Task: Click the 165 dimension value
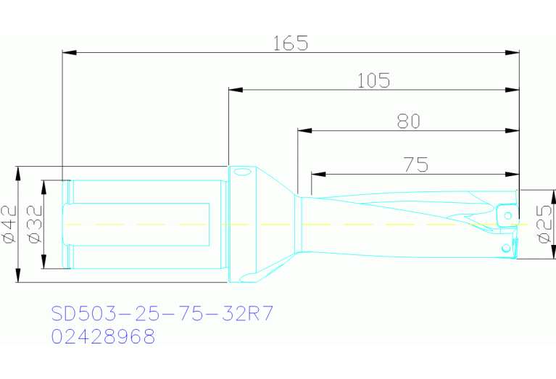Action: pos(290,43)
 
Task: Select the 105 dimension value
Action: pos(373,80)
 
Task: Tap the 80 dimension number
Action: pos(408,121)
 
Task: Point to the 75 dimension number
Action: pos(415,164)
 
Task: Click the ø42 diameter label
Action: pos(9,224)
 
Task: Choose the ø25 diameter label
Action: pos(544,224)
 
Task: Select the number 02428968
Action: pos(102,336)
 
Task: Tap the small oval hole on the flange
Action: pos(241,172)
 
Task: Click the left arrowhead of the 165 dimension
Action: pos(69,52)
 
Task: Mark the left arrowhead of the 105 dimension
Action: pos(234,90)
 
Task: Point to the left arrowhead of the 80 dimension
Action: pos(304,130)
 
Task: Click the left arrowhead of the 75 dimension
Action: pos(318,174)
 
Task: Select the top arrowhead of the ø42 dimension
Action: pos(17,172)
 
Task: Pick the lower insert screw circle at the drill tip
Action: pos(507,248)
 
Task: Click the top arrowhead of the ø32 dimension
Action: pos(43,186)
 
